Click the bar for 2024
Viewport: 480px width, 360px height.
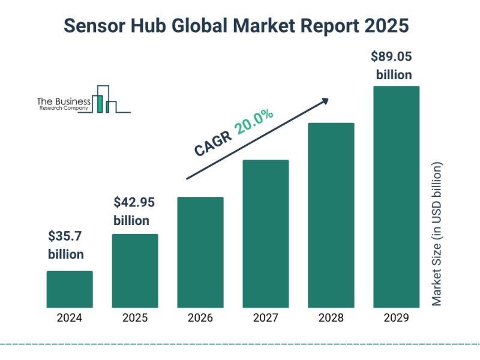pyautogui.click(x=70, y=289)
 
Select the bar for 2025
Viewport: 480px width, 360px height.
pyautogui.click(x=135, y=271)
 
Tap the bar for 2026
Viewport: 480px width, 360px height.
pyautogui.click(x=200, y=252)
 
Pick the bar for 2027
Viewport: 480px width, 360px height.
pyautogui.click(x=266, y=233)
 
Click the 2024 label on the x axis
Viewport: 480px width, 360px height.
pyautogui.click(x=70, y=319)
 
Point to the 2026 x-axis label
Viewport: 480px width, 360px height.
pyautogui.click(x=200, y=319)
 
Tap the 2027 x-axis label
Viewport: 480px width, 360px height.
pyautogui.click(x=266, y=319)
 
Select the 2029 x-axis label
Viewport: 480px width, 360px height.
pyautogui.click(x=396, y=319)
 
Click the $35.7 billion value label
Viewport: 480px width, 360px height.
pyautogui.click(x=66, y=245)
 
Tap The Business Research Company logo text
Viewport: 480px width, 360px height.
pyautogui.click(x=64, y=104)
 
